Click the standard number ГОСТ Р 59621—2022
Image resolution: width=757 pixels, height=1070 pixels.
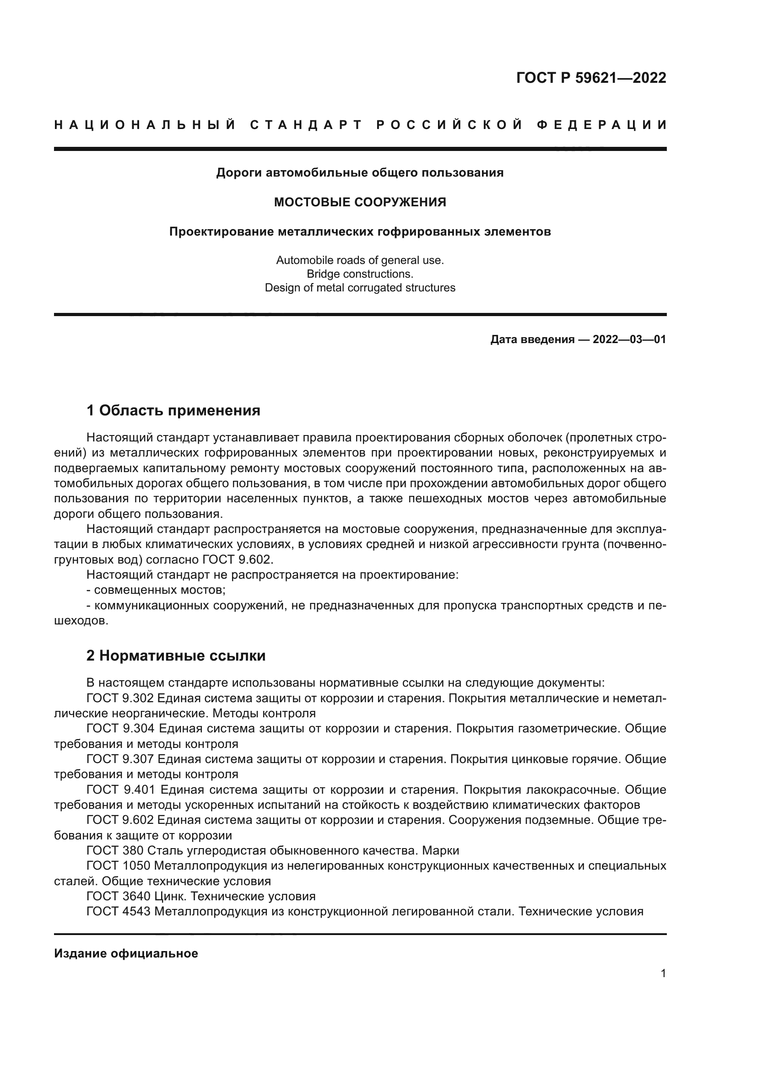pyautogui.click(x=591, y=78)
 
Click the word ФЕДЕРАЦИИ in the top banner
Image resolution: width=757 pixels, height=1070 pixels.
pyautogui.click(x=601, y=125)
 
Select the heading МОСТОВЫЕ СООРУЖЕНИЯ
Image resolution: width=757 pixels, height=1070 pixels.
pyautogui.click(x=360, y=202)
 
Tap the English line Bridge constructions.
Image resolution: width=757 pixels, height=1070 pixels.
pyautogui.click(x=360, y=274)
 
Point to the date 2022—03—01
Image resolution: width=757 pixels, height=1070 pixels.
pyautogui.click(x=629, y=340)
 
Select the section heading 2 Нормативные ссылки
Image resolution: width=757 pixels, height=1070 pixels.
pyautogui.click(x=176, y=656)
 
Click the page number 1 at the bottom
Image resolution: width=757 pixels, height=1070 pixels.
pyautogui.click(x=663, y=973)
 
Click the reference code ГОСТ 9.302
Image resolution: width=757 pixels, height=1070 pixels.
pyautogui.click(x=120, y=699)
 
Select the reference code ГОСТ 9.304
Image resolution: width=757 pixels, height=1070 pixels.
pyautogui.click(x=120, y=729)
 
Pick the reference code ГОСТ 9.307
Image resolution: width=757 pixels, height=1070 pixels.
pyautogui.click(x=120, y=759)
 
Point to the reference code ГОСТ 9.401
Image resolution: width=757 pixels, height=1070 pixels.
pyautogui.click(x=120, y=790)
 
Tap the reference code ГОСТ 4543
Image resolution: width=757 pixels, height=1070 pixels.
pyautogui.click(x=119, y=912)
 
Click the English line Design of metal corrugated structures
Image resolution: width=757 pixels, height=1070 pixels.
pyautogui.click(x=360, y=288)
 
